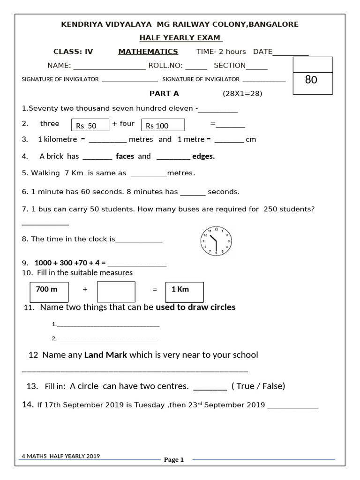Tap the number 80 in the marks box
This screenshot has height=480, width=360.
coord(311,80)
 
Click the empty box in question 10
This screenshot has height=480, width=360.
coord(116,292)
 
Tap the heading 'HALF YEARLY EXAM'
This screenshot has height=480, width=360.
coord(180,38)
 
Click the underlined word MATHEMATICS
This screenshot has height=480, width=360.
coord(148,52)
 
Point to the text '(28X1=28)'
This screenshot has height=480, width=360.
coord(242,94)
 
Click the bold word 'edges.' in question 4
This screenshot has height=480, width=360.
coord(203,156)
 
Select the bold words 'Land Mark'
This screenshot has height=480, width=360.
coord(105,355)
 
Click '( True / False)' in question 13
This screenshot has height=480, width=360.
coord(258,386)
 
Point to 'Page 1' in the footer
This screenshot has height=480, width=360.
coord(174,460)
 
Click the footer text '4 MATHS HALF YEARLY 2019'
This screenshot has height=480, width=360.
coord(61,456)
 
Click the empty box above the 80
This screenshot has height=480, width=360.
coord(312,64)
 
